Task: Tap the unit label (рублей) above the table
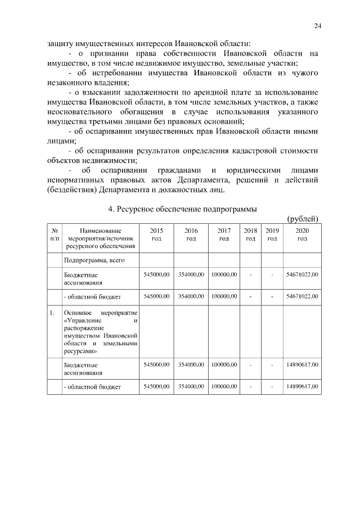[x=303, y=219]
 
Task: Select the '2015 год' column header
[x=156, y=235]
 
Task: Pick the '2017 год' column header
[x=224, y=235]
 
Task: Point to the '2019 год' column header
[x=272, y=235]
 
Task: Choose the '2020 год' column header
[x=302, y=235]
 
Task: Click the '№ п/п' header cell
[x=55, y=235]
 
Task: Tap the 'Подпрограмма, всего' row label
[x=93, y=260]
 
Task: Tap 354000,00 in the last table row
[x=191, y=387]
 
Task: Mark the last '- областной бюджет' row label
[x=93, y=388]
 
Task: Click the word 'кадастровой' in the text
[x=259, y=151]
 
